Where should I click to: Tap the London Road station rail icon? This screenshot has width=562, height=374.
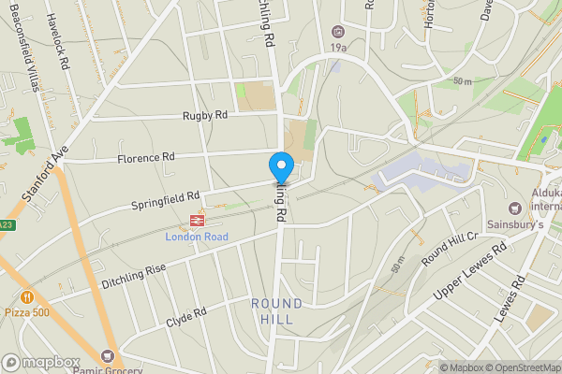pyautogui.click(x=197, y=221)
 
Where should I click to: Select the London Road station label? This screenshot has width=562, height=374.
pyautogui.click(x=197, y=237)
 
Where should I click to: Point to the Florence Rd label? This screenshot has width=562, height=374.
pyautogui.click(x=146, y=158)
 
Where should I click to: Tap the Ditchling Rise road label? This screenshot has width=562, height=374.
pyautogui.click(x=135, y=273)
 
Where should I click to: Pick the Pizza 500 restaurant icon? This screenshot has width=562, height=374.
pyautogui.click(x=28, y=296)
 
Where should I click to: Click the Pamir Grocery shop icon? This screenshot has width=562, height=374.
pyautogui.click(x=110, y=356)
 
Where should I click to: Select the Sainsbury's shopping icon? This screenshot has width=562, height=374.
pyautogui.click(x=514, y=209)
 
